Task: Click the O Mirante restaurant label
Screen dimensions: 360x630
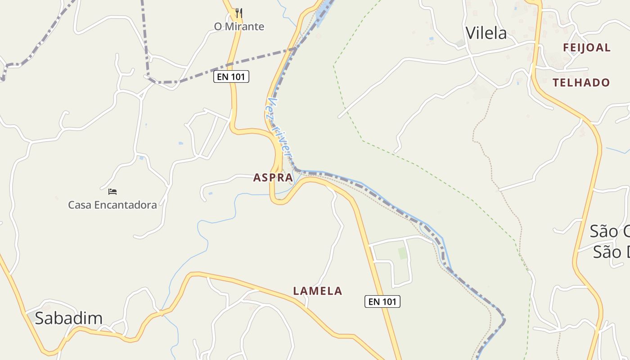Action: (x=239, y=27)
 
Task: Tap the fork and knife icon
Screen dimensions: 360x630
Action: (x=239, y=13)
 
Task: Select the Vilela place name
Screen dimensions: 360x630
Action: (x=486, y=33)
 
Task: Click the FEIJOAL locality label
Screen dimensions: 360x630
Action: (x=587, y=48)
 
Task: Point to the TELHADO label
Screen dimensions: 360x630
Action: (x=581, y=83)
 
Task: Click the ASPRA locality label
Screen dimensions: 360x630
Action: (x=273, y=178)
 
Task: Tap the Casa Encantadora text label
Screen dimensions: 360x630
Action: (x=112, y=205)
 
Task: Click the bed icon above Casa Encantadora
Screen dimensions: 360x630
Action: (x=112, y=192)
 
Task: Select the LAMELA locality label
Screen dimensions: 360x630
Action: (x=318, y=291)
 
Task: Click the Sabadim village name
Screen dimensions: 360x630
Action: (x=69, y=318)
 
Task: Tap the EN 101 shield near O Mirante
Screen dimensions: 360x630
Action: (x=231, y=77)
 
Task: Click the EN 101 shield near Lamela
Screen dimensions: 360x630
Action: (x=382, y=302)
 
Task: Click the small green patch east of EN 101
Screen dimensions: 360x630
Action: (x=402, y=253)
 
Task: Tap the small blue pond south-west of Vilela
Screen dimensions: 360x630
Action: (x=431, y=39)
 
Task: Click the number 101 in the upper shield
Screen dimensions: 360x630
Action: (x=238, y=77)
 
